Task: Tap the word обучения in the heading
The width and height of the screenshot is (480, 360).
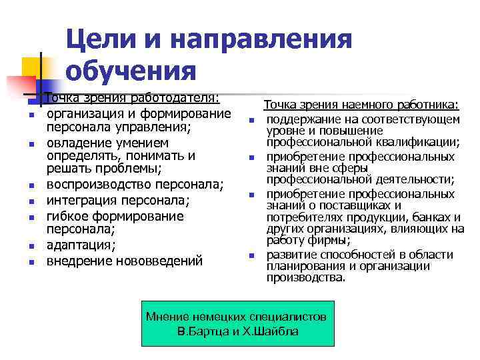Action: click(131, 71)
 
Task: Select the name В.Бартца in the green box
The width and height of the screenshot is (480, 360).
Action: click(204, 331)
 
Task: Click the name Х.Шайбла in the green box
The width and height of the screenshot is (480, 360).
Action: click(275, 331)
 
